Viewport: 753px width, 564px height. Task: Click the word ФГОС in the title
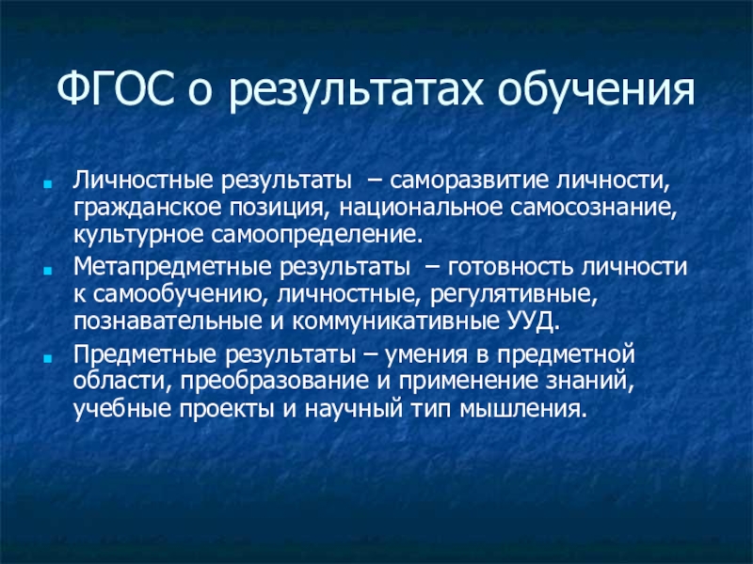(115, 89)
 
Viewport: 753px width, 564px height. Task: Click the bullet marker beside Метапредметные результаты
(47, 271)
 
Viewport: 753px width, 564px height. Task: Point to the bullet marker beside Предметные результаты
(47, 358)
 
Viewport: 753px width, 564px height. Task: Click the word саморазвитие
(469, 180)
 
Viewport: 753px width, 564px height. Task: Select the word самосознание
(593, 209)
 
